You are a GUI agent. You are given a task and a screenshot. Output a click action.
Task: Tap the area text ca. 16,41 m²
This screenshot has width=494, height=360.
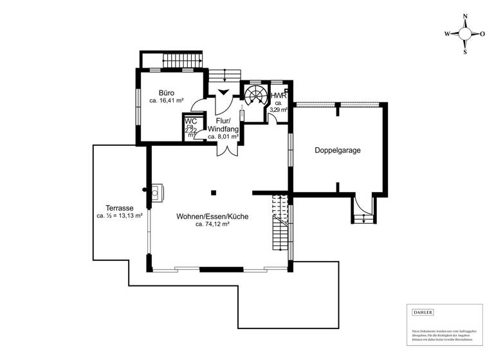click(167, 101)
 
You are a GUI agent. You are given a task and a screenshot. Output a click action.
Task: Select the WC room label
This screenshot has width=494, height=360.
click(190, 121)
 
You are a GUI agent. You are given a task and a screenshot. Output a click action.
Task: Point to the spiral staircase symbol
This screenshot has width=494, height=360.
click(255, 96)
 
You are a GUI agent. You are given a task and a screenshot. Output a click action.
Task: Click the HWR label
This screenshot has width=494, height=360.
click(278, 96)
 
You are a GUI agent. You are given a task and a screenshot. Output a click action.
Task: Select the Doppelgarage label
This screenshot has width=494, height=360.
click(337, 150)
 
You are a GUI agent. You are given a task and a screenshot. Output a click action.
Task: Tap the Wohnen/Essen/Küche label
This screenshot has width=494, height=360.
click(212, 217)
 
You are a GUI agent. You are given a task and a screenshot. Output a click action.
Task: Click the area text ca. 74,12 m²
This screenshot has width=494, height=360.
click(212, 225)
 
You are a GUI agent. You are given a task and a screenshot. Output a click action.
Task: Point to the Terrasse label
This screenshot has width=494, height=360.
click(120, 208)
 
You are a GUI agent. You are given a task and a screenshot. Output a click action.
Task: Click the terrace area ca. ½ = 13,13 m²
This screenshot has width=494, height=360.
click(120, 217)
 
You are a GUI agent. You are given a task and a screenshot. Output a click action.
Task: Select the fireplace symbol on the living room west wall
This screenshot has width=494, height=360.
click(156, 190)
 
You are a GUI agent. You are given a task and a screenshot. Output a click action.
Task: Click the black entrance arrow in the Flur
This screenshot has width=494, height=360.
click(223, 93)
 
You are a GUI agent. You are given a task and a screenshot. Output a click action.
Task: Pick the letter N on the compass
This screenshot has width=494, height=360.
click(466, 19)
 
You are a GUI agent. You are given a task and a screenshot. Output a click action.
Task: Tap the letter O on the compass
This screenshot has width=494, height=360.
click(482, 34)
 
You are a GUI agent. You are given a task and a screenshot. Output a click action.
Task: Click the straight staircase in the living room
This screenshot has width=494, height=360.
click(279, 225)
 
